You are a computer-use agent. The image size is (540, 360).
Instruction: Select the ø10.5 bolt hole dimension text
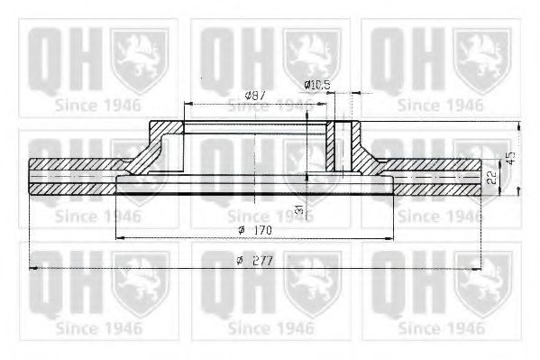click(317, 85)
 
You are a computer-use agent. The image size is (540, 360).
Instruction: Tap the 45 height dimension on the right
click(511, 157)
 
